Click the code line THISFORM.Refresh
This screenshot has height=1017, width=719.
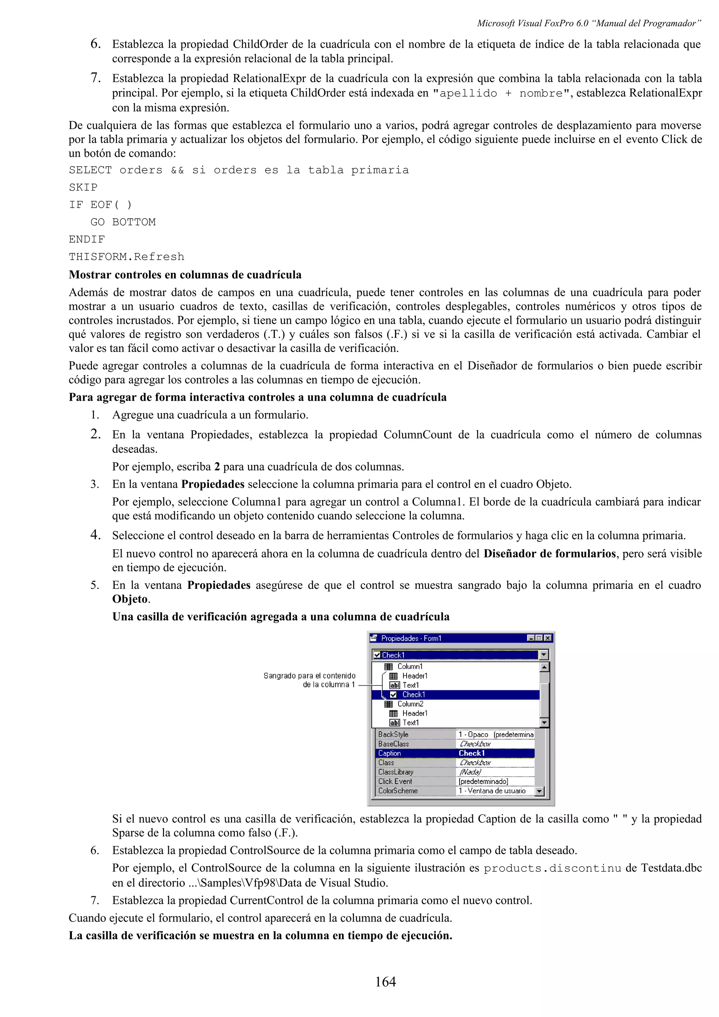point(126,257)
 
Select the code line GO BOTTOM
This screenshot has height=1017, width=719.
point(123,222)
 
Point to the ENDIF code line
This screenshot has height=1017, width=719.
point(87,239)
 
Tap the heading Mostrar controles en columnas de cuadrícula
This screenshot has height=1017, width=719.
point(185,275)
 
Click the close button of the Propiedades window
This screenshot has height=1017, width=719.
point(548,638)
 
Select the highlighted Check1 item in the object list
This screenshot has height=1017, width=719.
point(413,694)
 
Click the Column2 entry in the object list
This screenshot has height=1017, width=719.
point(410,704)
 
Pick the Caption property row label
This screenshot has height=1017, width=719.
point(389,753)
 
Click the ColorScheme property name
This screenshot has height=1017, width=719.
point(397,791)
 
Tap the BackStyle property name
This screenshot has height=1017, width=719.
point(393,734)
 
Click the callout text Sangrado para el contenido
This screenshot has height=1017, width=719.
point(309,676)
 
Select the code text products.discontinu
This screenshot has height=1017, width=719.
point(552,868)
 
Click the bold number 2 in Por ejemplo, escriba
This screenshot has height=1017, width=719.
point(217,467)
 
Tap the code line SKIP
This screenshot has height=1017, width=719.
point(83,187)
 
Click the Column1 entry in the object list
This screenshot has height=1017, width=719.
point(410,666)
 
